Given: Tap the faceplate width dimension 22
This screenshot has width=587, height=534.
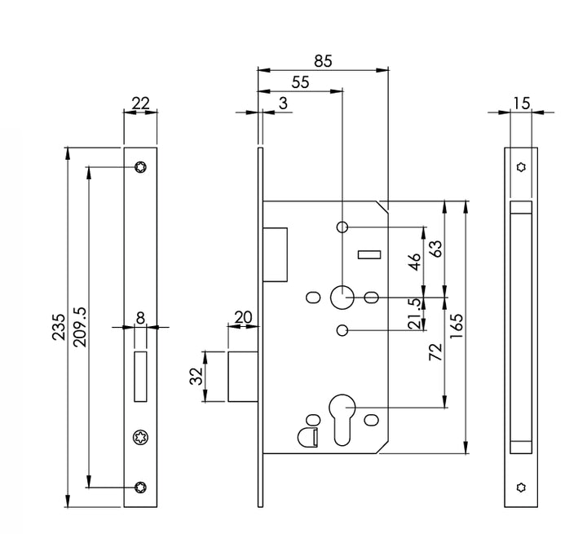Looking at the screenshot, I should click(x=139, y=103).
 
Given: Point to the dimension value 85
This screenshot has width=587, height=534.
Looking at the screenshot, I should click(x=323, y=60).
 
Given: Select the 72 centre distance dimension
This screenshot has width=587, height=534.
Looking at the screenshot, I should click(x=435, y=352).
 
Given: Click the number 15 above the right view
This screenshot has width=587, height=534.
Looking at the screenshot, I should click(x=521, y=103).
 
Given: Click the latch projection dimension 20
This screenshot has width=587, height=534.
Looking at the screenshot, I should click(x=242, y=316).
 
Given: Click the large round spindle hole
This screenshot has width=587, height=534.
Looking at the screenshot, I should click(x=342, y=296).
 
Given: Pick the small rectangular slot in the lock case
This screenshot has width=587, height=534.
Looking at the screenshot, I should click(x=369, y=255).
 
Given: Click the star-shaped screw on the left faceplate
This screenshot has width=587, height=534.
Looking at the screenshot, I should click(x=139, y=439).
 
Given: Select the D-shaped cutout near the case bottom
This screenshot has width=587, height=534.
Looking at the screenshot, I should click(x=308, y=436).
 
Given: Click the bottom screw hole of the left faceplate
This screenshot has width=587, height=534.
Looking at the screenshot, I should click(x=139, y=488).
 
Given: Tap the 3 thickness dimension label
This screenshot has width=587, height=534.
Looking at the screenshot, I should click(x=283, y=103).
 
